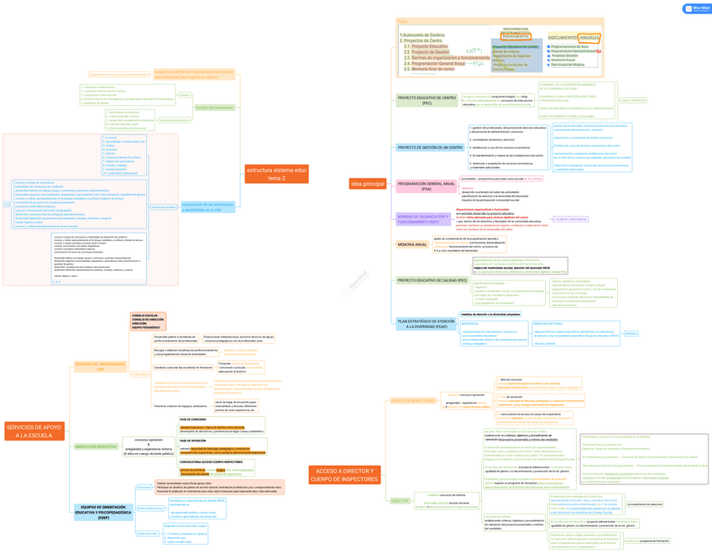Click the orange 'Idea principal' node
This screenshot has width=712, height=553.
coord(368,184)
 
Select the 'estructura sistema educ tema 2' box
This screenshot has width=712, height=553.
coord(276,174)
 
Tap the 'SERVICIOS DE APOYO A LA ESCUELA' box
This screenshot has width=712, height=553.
coord(34,431)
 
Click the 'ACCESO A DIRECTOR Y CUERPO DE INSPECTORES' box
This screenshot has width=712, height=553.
coord(344,474)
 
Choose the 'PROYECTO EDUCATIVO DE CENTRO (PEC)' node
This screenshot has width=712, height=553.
coord(427,101)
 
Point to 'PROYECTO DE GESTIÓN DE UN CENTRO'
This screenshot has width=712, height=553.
coord(430,148)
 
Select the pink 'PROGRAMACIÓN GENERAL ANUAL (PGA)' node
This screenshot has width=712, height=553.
coord(427,186)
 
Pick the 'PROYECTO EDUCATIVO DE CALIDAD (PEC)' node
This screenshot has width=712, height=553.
coord(432,280)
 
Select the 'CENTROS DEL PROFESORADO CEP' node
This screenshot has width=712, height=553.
coord(100,366)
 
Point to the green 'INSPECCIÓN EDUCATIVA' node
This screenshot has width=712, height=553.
coord(96,446)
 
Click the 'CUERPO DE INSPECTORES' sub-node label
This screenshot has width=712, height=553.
coord(413,400)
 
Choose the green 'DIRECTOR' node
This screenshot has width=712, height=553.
coord(400,500)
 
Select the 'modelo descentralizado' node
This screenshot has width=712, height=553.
coord(214,107)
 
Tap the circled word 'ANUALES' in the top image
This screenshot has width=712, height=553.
coord(589,38)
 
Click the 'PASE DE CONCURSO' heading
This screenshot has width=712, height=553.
coord(192,419)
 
